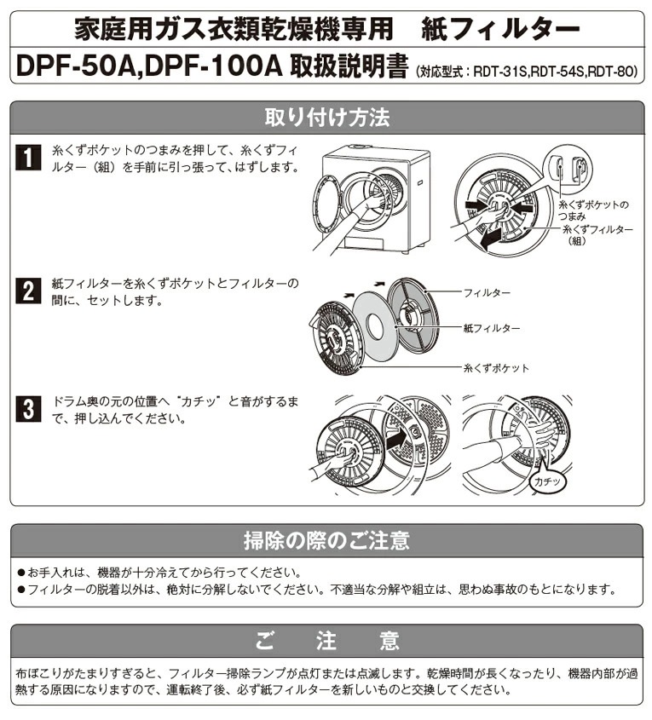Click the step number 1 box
click(28, 158)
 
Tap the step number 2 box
click(28, 291)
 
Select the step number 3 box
click(28, 409)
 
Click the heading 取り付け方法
click(326, 118)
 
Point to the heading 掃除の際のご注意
click(326, 540)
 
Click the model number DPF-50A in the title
click(76, 66)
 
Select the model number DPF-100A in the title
click(216, 66)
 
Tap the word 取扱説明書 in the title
click(349, 66)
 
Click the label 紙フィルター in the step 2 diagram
click(493, 328)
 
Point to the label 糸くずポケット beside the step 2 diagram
click(497, 368)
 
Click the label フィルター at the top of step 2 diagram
click(488, 292)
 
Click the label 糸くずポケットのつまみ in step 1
click(594, 210)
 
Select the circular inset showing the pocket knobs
click(568, 168)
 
